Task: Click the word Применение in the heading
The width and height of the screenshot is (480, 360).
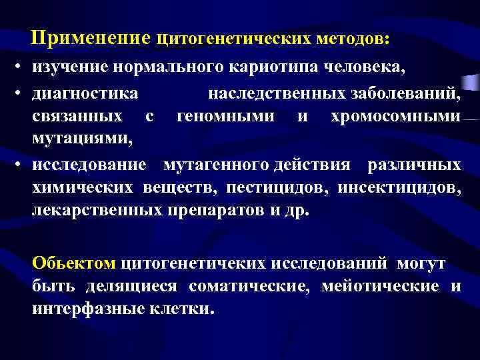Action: [93, 39]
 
